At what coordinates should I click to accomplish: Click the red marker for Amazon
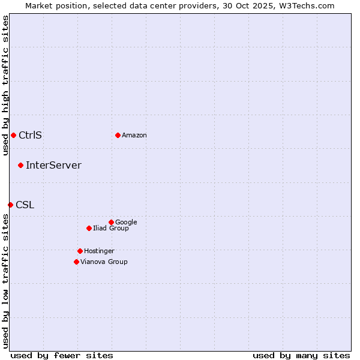(118, 135)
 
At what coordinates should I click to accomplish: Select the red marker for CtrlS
(13, 135)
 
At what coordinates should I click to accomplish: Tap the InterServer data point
(20, 165)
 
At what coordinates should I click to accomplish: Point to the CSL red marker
(10, 205)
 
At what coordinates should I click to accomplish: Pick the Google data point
(111, 222)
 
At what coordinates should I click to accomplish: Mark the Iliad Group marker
(89, 228)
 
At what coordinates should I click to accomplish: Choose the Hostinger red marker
(80, 251)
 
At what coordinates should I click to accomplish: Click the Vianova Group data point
(76, 262)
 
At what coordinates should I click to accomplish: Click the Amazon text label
(134, 136)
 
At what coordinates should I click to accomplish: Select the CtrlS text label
(30, 135)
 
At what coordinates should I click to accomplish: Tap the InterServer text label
(53, 165)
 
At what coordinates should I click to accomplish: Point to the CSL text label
(25, 205)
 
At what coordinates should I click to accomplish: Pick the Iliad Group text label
(111, 229)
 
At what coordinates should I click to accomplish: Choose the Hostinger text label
(99, 251)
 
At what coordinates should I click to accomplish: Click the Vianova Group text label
(104, 262)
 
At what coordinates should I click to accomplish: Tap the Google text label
(126, 223)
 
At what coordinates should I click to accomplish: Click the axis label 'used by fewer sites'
(62, 355)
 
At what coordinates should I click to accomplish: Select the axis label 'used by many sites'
(301, 355)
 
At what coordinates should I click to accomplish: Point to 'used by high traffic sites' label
(5, 85)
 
